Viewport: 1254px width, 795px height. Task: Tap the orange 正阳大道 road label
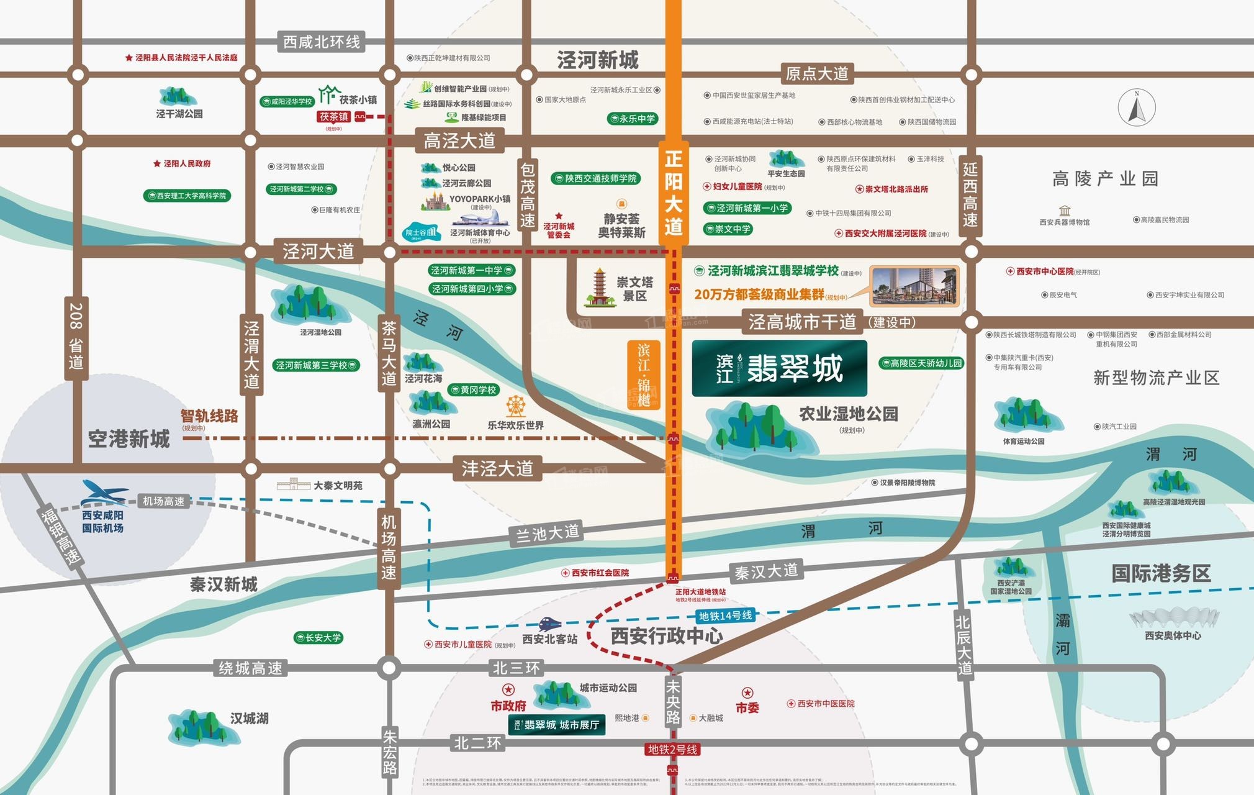tap(673, 193)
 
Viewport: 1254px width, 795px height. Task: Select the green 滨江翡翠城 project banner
tap(779, 368)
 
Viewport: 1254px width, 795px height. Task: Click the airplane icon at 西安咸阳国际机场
tap(104, 493)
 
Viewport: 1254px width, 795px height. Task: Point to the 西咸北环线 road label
tap(321, 42)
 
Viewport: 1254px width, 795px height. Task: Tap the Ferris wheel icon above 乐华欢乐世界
tap(515, 406)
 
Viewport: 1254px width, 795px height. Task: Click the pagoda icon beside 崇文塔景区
tap(598, 288)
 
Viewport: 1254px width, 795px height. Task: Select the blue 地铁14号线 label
tap(725, 616)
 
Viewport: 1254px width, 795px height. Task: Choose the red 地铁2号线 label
tap(673, 750)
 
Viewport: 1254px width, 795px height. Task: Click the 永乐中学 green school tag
tap(633, 119)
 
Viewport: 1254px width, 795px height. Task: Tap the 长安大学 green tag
tap(318, 638)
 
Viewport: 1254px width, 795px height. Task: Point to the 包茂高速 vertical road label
tap(527, 195)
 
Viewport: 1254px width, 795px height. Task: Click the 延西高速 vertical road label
tap(970, 194)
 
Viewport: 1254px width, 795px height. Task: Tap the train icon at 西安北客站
tap(549, 624)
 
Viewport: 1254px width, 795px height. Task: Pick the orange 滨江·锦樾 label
tap(644, 375)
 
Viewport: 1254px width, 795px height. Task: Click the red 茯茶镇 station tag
tap(334, 117)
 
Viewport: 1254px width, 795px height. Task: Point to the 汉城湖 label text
tap(249, 719)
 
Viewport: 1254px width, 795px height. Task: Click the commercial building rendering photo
tap(914, 286)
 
